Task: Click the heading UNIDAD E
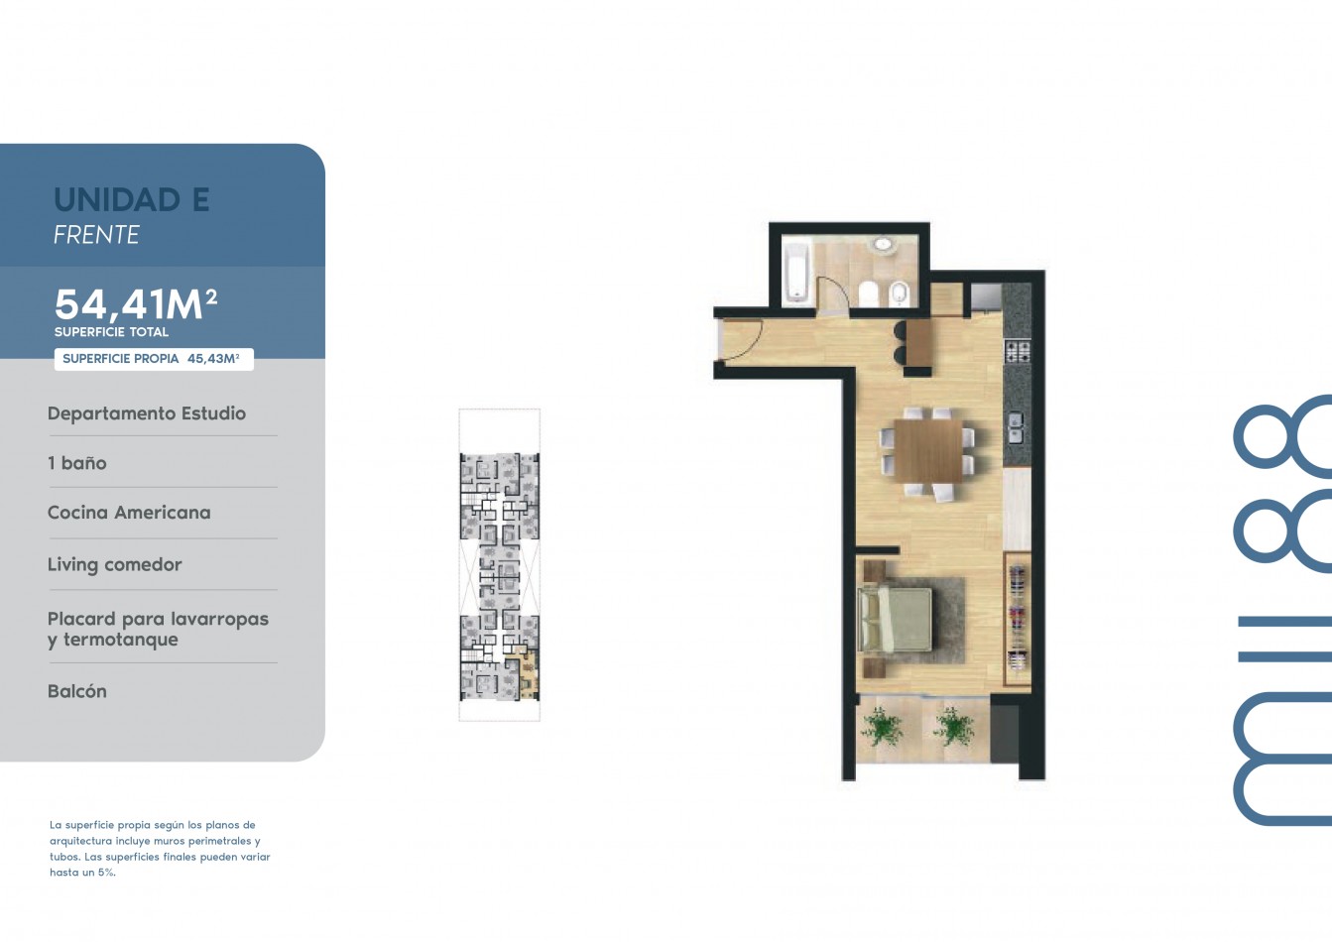(132, 199)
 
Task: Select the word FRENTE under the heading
(96, 235)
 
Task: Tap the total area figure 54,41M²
(136, 304)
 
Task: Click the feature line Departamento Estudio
(146, 413)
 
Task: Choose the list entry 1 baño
(77, 462)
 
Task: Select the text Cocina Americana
(129, 513)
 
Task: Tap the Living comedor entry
(115, 564)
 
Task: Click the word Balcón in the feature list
(77, 691)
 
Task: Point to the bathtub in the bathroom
(796, 273)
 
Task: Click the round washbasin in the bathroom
(885, 245)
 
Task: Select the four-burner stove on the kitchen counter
(1018, 351)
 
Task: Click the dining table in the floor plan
(928, 450)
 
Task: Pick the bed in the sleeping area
(895, 620)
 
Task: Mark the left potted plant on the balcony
(882, 726)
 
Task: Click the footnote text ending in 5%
(160, 849)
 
